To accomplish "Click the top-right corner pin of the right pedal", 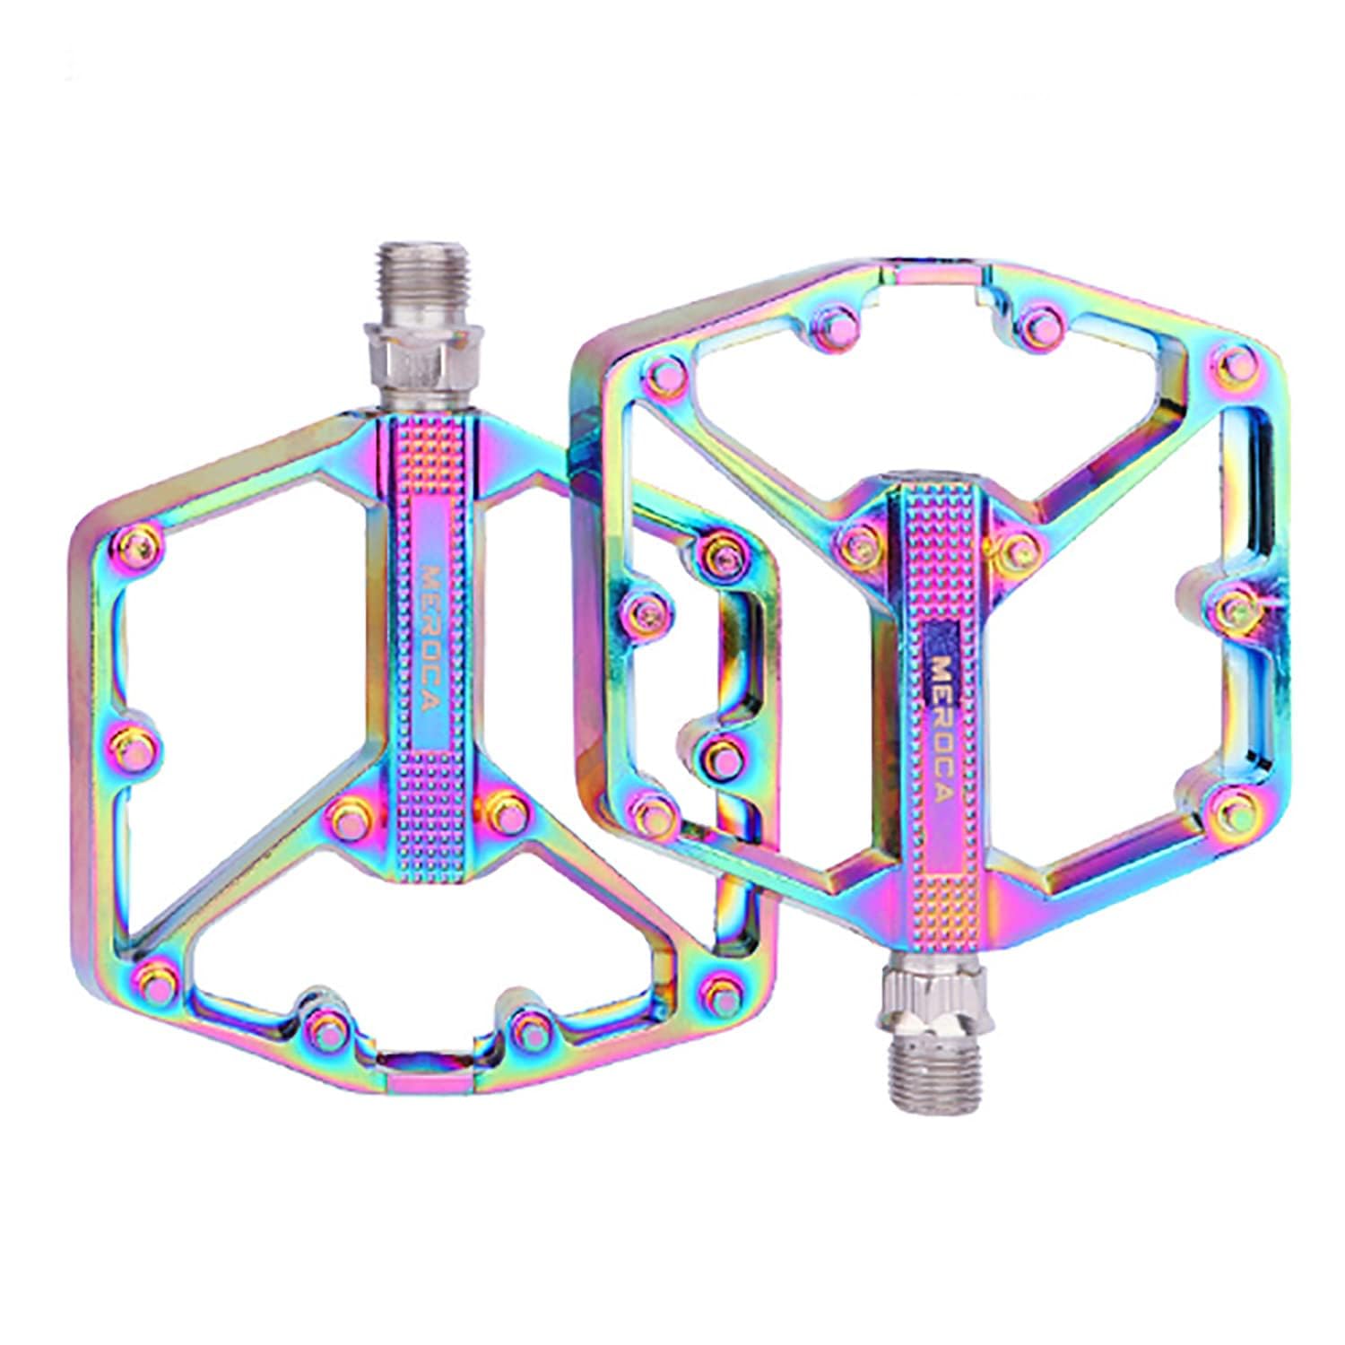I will coord(1236,360).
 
